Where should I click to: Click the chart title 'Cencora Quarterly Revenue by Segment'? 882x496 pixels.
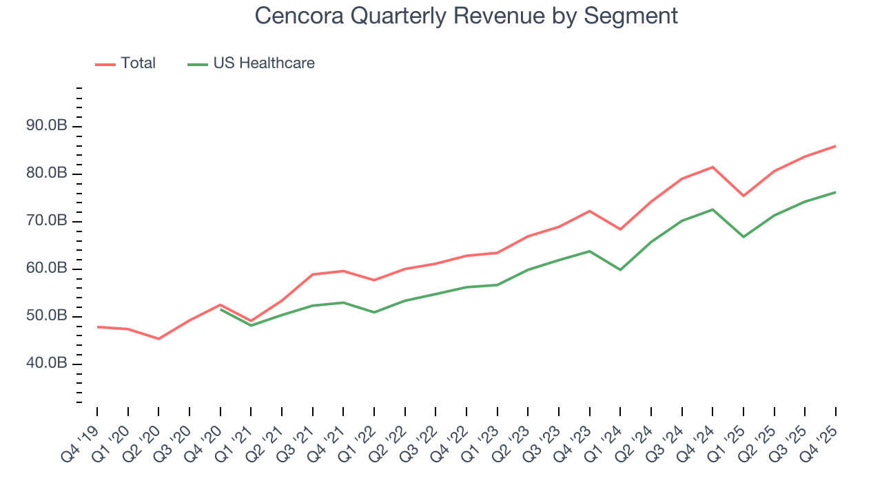466,15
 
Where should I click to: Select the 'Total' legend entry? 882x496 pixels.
138,63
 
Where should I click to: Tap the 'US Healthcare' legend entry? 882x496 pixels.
263,63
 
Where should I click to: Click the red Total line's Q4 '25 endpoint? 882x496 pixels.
836,146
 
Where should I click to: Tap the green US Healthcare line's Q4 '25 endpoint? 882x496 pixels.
836,192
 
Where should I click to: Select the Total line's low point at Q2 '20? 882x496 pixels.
158,339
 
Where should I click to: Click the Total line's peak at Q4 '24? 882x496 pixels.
712,167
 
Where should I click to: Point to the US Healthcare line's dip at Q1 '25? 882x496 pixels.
743,237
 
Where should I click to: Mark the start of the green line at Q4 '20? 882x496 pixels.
220,309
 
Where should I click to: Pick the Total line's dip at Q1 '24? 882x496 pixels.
620,229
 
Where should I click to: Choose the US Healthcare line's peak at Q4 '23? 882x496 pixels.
589,251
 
